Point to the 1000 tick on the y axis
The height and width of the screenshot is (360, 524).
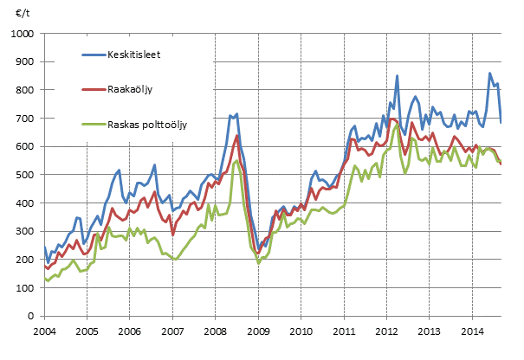[x=23, y=34]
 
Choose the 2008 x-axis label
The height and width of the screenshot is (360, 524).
[x=214, y=331]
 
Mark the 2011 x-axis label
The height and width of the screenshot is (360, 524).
[x=342, y=331]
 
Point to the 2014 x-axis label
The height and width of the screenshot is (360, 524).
[x=470, y=331]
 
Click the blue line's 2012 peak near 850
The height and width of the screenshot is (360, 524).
[x=397, y=76]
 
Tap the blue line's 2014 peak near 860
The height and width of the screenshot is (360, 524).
[x=490, y=74]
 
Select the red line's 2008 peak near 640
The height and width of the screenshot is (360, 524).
[x=236, y=135]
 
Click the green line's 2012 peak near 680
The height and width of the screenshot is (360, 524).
[x=397, y=124]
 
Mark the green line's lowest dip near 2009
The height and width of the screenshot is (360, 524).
[x=258, y=261]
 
